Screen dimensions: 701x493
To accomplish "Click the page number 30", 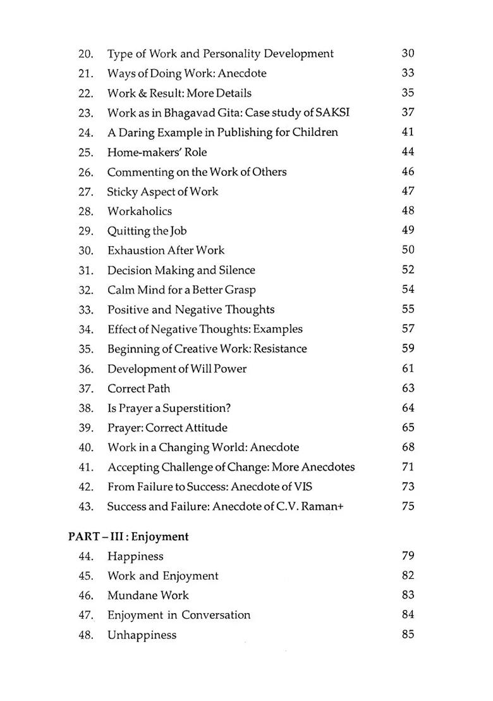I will coord(408,54).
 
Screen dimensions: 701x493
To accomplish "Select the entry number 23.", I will coord(86,113).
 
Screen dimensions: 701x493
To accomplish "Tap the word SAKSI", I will coord(332,113).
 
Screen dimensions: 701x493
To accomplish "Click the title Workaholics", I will coord(139,211).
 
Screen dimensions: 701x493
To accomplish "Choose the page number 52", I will coord(408,270).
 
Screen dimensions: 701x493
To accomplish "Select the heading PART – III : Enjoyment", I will coord(128,537).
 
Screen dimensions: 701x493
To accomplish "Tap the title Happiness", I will coord(135,557).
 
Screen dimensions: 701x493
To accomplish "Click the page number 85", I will coord(408,634).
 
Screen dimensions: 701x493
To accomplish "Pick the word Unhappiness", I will coord(142,635).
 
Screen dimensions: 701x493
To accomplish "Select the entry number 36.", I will coord(86,369).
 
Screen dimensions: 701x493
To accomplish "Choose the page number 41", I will coord(408,132).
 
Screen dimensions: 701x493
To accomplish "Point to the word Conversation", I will coord(216,615).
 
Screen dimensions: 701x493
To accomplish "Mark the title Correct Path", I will coord(138,388).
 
